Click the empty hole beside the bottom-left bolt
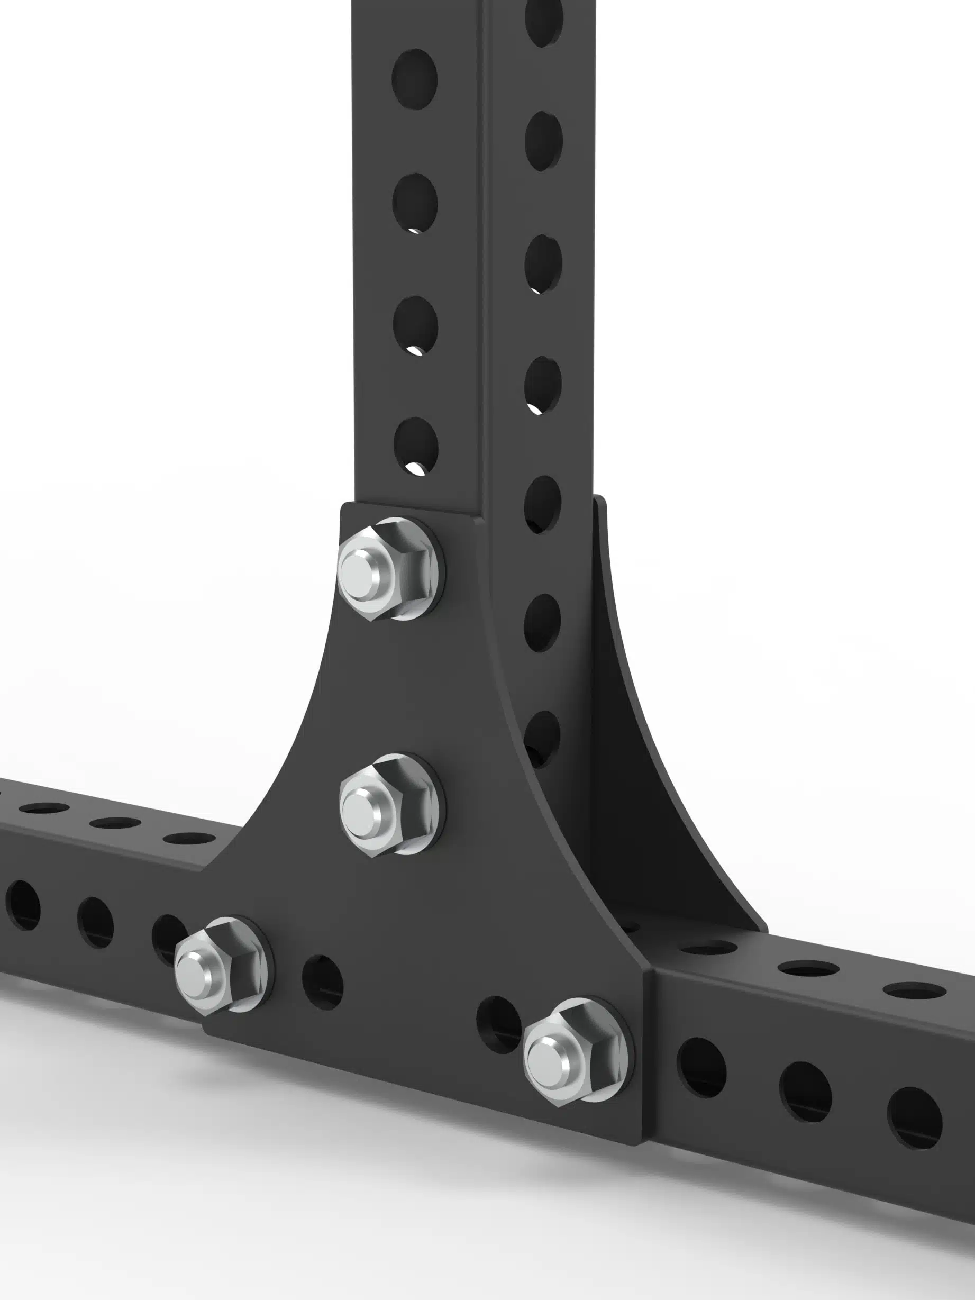(322, 983)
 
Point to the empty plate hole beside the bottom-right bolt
(498, 1024)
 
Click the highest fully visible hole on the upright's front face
(414, 79)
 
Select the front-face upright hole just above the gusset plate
(415, 446)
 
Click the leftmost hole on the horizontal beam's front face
(22, 905)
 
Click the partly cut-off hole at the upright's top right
(544, 21)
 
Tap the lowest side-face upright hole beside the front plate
(541, 738)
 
